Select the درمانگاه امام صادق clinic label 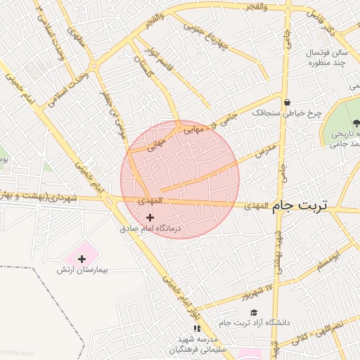pos(150,229)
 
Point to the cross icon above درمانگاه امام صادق pos(150,218)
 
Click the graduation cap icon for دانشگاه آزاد pos(253,313)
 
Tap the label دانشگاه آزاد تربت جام pos(254,323)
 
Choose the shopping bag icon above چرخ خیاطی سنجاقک pos(287,102)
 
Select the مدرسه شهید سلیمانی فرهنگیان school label pos(198,344)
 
